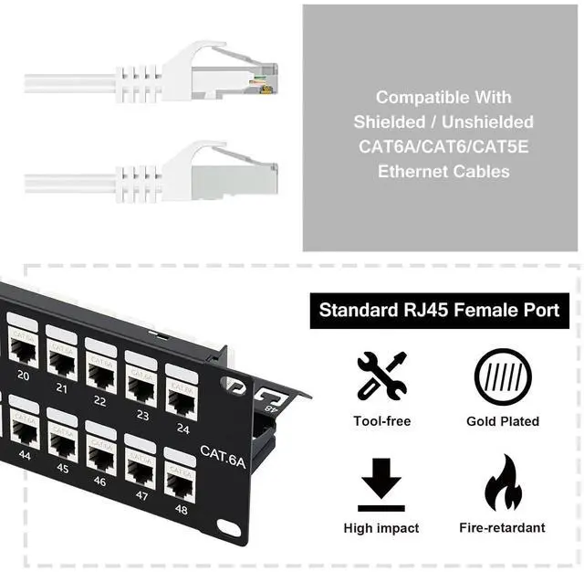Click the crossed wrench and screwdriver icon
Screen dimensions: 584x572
pyautogui.click(x=381, y=376)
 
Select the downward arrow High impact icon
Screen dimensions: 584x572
pyautogui.click(x=381, y=482)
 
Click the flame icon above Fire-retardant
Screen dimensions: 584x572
pyautogui.click(x=503, y=482)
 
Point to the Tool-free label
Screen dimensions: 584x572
pyautogui.click(x=381, y=421)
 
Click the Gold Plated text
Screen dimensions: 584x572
pyautogui.click(x=503, y=421)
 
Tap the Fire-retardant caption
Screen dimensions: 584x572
pyautogui.click(x=503, y=527)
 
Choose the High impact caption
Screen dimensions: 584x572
pyautogui.click(x=381, y=527)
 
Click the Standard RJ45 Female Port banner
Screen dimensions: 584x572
pyautogui.click(x=439, y=311)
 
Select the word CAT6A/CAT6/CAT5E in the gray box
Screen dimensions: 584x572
pyautogui.click(x=443, y=146)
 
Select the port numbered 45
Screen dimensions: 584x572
pyautogui.click(x=62, y=445)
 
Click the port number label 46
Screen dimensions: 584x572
pyautogui.click(x=99, y=482)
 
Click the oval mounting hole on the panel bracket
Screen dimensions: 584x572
pyautogui.click(x=228, y=528)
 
